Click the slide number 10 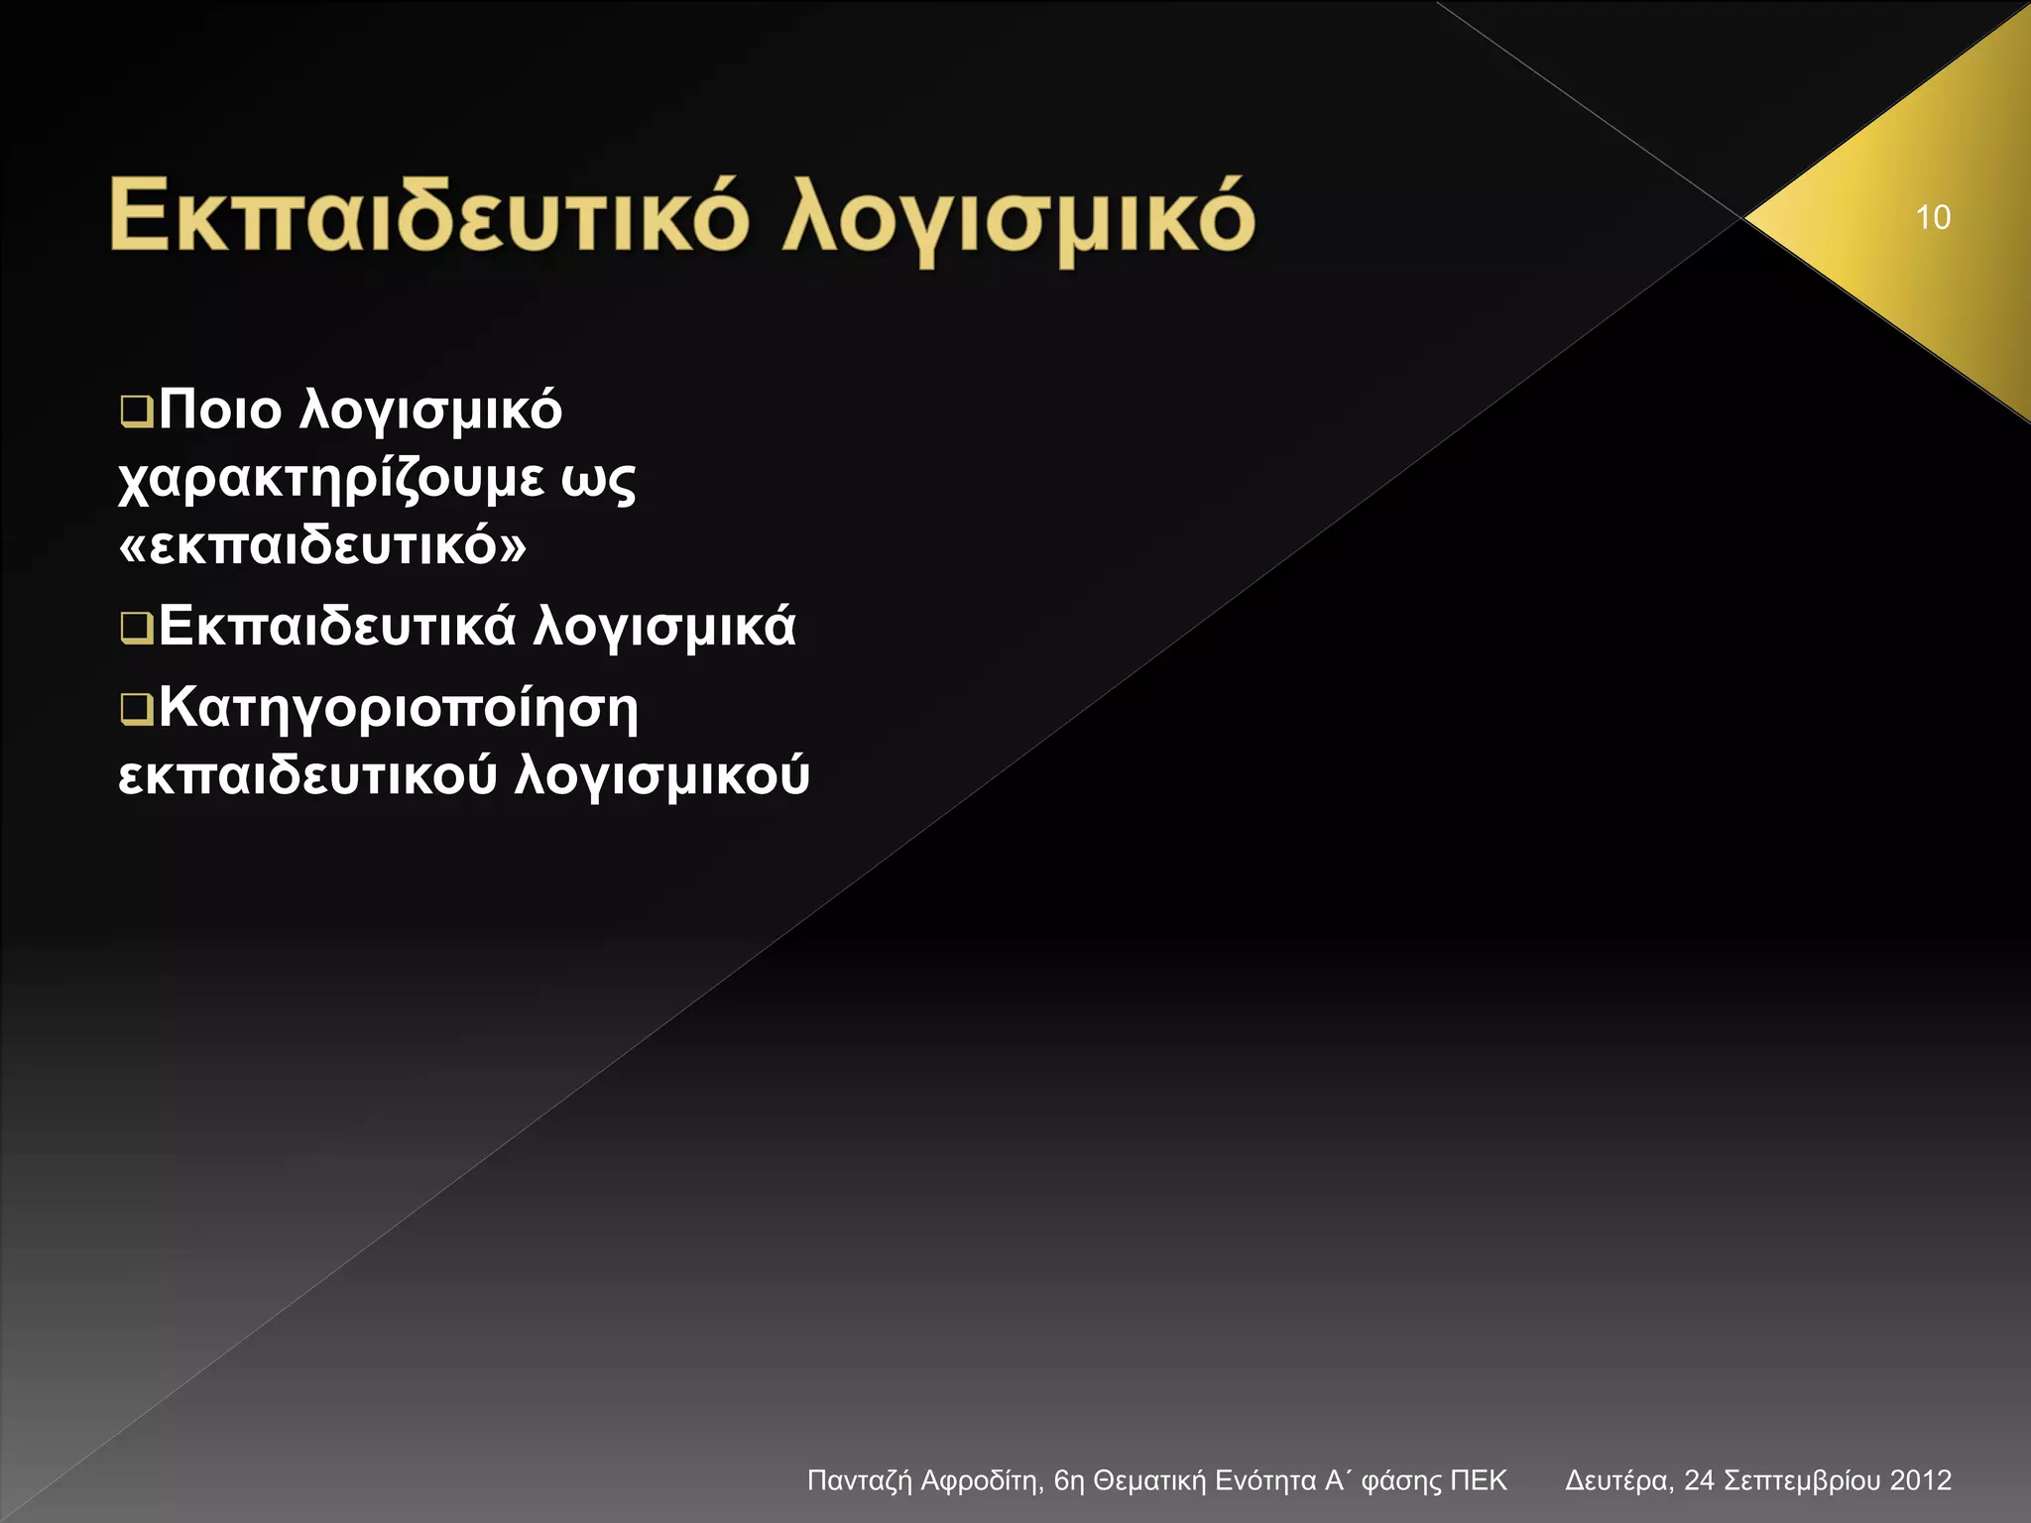point(1933,217)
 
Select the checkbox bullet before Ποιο point(136,410)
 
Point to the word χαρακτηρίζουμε point(330,480)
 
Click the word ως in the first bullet point(598,480)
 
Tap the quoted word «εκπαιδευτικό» point(322,546)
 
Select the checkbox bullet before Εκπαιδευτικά point(136,628)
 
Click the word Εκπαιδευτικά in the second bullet point(337,627)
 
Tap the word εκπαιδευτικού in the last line point(307,775)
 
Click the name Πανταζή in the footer point(859,1481)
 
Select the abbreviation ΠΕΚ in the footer point(1478,1481)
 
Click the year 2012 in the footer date point(1920,1481)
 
